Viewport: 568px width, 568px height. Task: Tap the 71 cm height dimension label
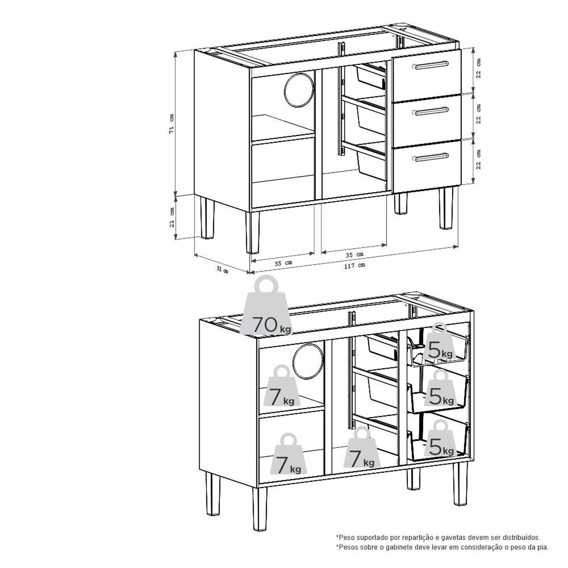tap(172, 123)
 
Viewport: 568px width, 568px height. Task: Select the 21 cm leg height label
tap(172, 217)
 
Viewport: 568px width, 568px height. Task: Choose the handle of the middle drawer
tap(432, 111)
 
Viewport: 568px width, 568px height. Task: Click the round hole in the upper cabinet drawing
tap(299, 88)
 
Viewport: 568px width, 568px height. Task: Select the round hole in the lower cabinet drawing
tap(308, 361)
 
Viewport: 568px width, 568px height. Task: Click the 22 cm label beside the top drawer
tap(479, 69)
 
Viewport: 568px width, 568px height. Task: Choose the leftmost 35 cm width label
tap(283, 263)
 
